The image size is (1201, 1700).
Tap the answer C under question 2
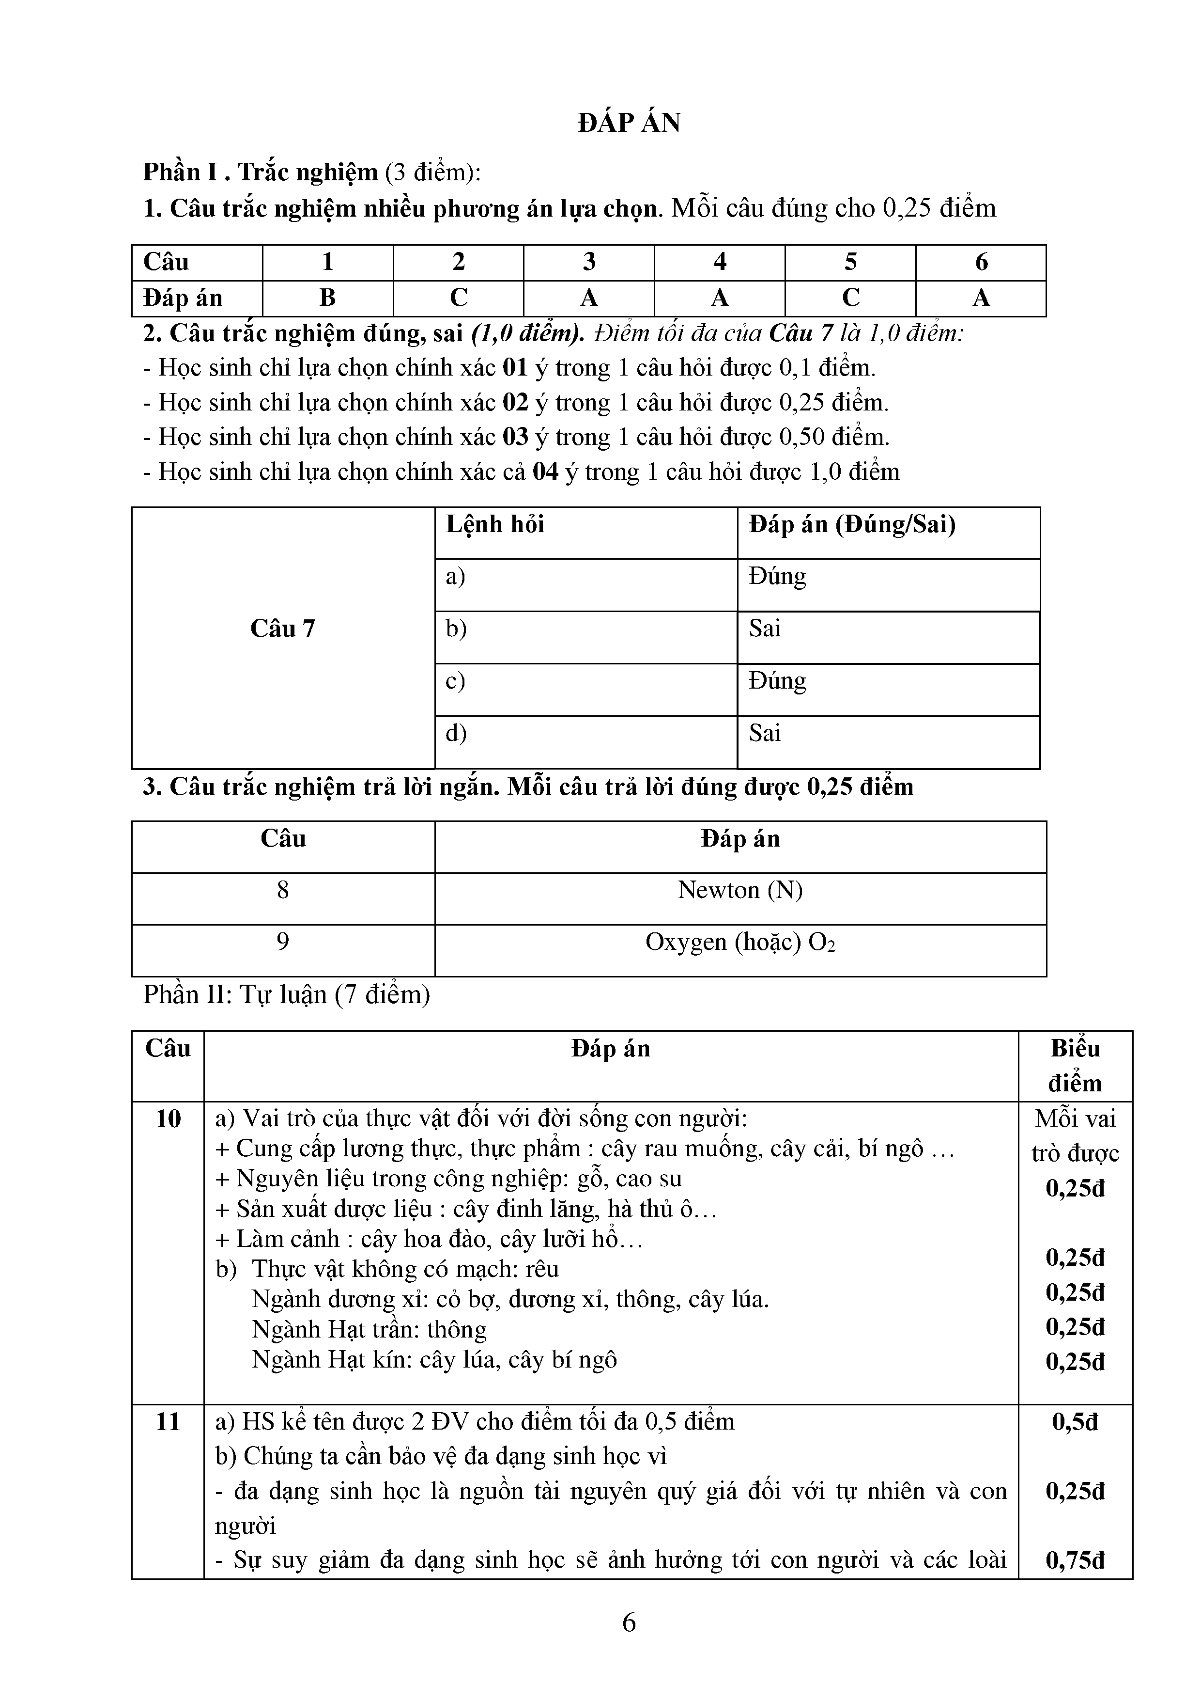click(458, 298)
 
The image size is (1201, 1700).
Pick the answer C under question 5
click(850, 298)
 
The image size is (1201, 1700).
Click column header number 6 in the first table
click(981, 262)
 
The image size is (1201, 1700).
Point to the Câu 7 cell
click(283, 629)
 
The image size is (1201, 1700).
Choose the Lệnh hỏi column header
click(495, 525)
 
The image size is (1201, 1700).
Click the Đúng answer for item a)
click(777, 577)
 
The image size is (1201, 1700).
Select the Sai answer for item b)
click(764, 629)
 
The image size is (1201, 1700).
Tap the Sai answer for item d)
click(764, 733)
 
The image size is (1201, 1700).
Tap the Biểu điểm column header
click(1075, 1066)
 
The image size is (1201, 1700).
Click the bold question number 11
click(168, 1422)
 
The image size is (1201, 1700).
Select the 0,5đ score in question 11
click(1075, 1422)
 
